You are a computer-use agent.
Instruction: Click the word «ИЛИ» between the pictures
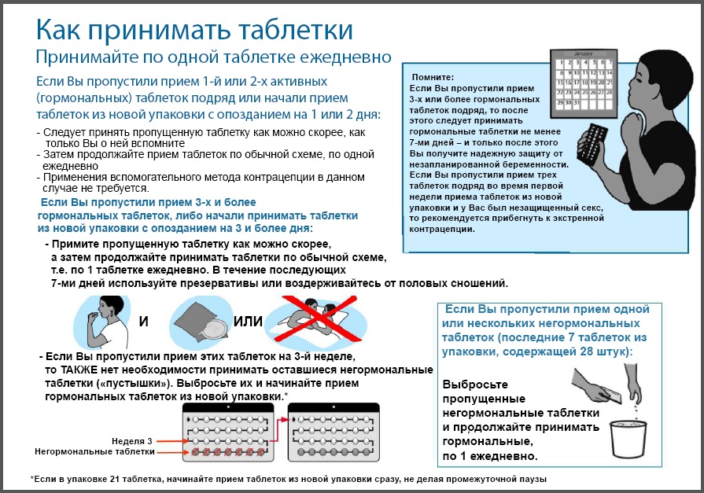click(x=248, y=322)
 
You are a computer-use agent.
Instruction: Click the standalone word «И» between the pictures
click(x=144, y=322)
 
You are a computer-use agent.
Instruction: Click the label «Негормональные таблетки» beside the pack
click(x=94, y=452)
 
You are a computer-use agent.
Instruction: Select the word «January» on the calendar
click(x=584, y=54)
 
